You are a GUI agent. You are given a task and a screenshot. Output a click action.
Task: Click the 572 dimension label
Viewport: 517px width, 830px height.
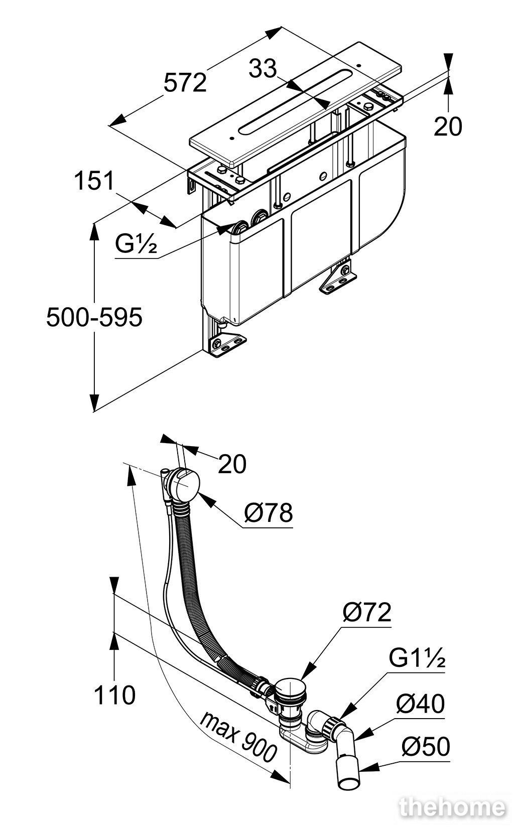click(185, 83)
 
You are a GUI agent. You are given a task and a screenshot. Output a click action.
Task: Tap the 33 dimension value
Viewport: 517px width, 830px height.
click(263, 69)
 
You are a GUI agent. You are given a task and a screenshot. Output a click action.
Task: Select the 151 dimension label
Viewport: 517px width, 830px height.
click(94, 181)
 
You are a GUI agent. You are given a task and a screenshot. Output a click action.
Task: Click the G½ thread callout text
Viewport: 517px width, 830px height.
click(136, 244)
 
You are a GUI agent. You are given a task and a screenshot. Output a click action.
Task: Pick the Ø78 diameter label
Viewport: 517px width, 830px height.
click(269, 513)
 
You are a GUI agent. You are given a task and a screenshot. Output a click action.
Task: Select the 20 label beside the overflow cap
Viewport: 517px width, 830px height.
click(232, 463)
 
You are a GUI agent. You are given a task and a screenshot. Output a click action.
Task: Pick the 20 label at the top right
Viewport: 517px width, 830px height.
click(448, 126)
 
